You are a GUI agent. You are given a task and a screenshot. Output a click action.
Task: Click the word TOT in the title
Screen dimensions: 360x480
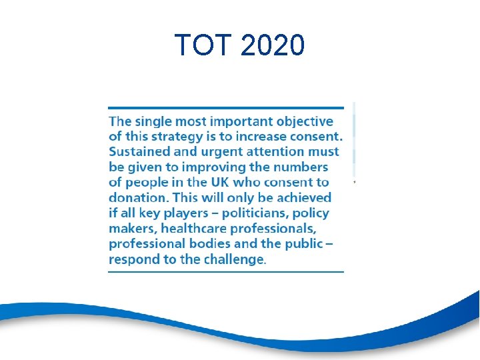pyautogui.click(x=201, y=45)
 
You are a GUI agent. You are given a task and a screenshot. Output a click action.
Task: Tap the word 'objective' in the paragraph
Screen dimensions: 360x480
pyautogui.click(x=305, y=121)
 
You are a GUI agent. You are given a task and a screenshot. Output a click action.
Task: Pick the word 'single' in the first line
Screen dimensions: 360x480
pyautogui.click(x=156, y=121)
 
